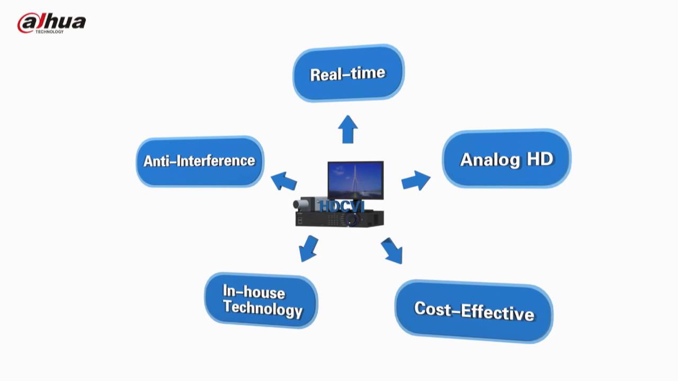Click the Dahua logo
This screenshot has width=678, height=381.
pos(51,23)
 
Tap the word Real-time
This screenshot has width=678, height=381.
pos(347,74)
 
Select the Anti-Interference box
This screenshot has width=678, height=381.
pos(200,161)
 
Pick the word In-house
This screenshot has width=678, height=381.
pos(254,291)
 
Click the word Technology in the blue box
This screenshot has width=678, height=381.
pos(263,308)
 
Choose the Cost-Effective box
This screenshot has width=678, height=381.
pos(474,311)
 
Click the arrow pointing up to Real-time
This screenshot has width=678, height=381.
pos(347,129)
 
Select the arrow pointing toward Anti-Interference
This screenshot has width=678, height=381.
pos(284,181)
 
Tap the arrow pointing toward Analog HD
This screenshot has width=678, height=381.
pos(415,180)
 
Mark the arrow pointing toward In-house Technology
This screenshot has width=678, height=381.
pos(308,248)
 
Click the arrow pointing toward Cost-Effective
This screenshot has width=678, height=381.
pos(392,251)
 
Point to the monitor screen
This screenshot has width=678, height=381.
pos(355,180)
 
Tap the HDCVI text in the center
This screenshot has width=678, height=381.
pos(342,206)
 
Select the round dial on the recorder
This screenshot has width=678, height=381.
pos(352,220)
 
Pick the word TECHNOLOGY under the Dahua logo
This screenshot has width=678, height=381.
pos(49,32)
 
